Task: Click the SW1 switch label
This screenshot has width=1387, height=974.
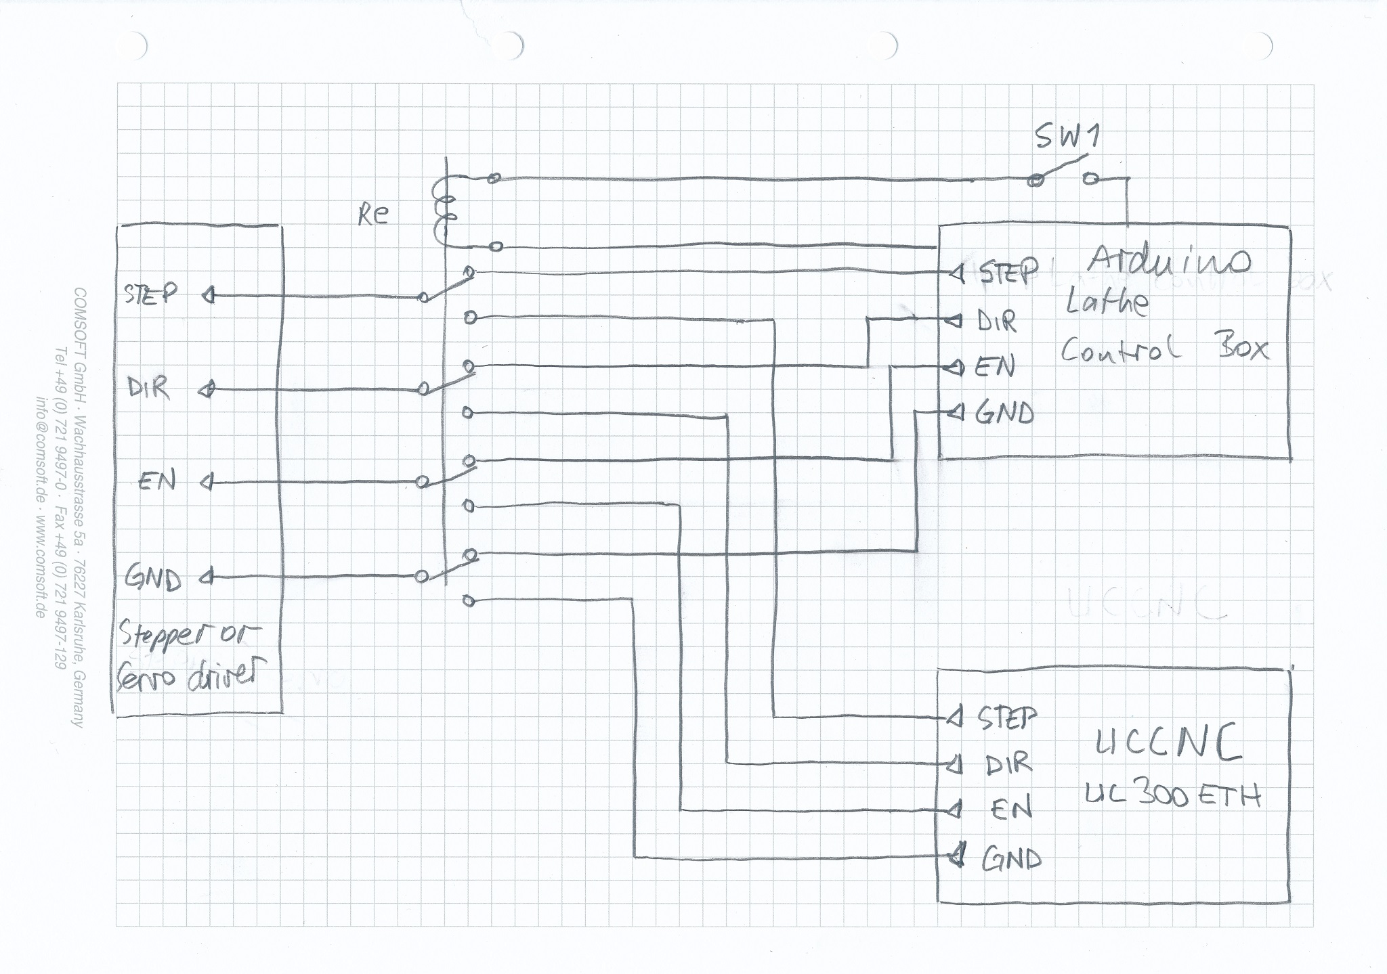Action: tap(1067, 137)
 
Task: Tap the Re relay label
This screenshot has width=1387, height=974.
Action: tap(373, 215)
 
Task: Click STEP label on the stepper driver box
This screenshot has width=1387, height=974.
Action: tap(150, 294)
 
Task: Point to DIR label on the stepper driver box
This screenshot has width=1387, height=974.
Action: tap(148, 388)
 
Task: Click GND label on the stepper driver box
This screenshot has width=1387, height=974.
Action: tap(153, 579)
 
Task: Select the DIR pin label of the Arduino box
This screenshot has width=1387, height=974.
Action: tap(997, 322)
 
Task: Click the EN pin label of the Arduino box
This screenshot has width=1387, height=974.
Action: tap(995, 368)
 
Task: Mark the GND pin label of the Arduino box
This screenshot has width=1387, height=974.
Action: tap(1004, 412)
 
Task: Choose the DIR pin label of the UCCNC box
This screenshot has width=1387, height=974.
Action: tap(1008, 764)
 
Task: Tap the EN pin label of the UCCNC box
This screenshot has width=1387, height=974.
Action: tap(1011, 809)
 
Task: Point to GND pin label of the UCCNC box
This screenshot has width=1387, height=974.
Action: tap(1012, 858)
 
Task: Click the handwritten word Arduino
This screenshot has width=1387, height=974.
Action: tap(1170, 259)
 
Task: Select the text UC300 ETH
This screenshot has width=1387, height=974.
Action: tap(1173, 795)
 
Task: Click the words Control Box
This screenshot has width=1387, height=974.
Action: tap(1164, 349)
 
